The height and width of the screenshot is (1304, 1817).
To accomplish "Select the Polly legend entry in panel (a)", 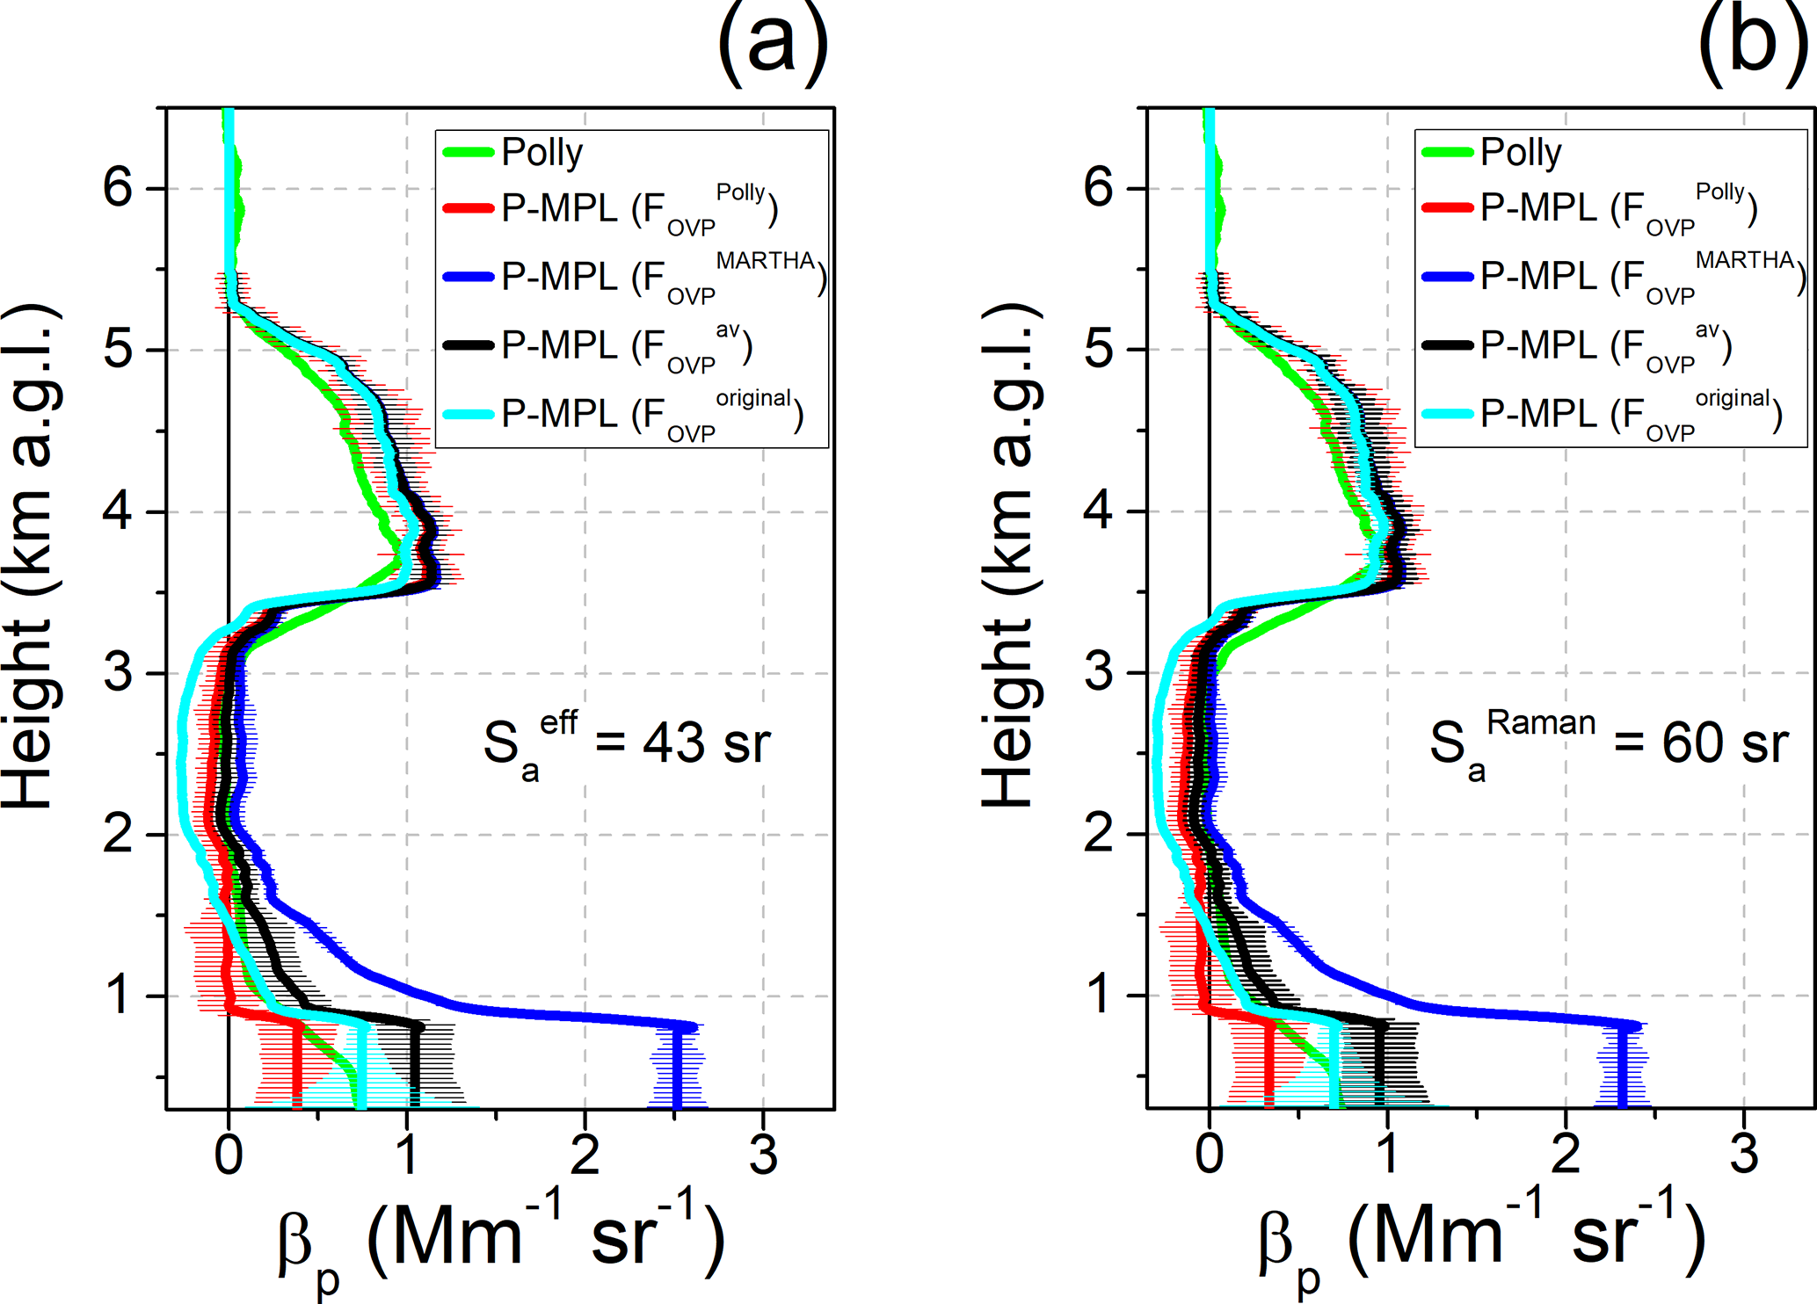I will point(541,152).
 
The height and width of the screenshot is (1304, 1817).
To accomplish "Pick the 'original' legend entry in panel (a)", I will point(651,414).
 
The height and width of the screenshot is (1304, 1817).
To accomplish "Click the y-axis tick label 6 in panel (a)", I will point(118,187).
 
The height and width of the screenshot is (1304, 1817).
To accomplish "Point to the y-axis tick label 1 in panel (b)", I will point(1099,995).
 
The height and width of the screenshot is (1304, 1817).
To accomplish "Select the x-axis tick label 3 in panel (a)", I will point(763,1155).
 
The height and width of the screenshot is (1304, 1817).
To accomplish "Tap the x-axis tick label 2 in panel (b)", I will point(1566,1155).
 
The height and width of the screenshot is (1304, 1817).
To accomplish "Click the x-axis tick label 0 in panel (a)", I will point(229,1155).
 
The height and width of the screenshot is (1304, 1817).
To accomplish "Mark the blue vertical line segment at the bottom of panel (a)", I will point(677,1068).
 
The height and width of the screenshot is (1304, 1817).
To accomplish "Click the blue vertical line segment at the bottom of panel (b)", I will point(1623,1068).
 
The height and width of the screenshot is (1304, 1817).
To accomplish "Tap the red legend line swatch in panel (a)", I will point(469,208).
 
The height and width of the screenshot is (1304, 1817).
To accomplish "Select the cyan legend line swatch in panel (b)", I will point(1448,414).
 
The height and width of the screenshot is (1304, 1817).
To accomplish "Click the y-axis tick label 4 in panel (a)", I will point(118,511).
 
